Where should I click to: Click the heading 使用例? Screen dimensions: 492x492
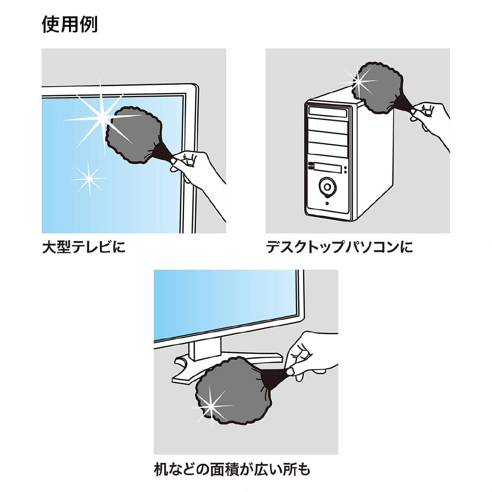70,25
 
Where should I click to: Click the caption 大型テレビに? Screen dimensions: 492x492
84,247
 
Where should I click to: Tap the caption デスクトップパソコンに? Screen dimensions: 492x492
339,247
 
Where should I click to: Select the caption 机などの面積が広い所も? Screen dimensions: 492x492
232,468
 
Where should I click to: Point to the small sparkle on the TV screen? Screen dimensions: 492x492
88,179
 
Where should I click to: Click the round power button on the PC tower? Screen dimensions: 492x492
327,187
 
